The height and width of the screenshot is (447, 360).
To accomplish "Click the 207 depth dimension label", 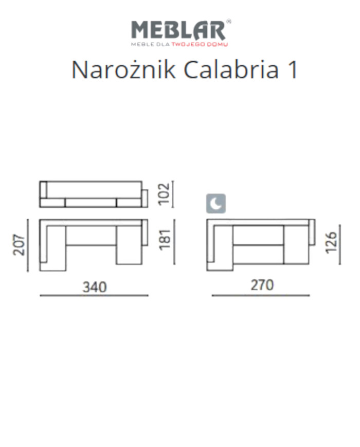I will pyautogui.click(x=19, y=245).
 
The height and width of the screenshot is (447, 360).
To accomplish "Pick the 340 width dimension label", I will pyautogui.click(x=94, y=286).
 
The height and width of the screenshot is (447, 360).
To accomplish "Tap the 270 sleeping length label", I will pyautogui.click(x=261, y=285).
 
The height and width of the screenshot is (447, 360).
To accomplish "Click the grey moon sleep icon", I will pyautogui.click(x=216, y=204).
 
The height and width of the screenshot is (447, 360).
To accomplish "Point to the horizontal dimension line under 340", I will pyautogui.click(x=94, y=296).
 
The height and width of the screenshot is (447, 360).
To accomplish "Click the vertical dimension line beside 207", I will pyautogui.click(x=29, y=245).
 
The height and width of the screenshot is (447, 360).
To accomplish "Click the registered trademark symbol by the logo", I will pyautogui.click(x=229, y=22).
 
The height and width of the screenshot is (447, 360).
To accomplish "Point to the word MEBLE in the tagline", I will pyautogui.click(x=141, y=45).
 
